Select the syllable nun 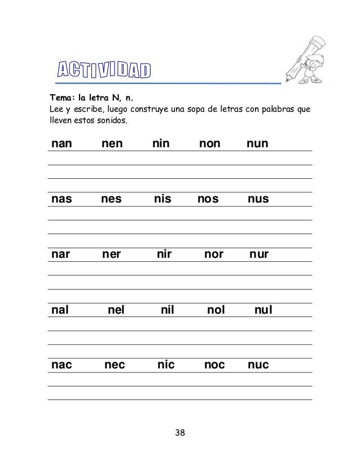click(x=258, y=144)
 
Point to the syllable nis click(x=164, y=200)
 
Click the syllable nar click(x=61, y=255)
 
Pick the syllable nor click(x=214, y=255)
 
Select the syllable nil click(x=168, y=310)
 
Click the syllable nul click(x=263, y=310)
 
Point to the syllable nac click(x=62, y=366)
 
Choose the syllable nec click(x=115, y=366)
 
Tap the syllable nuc click(x=258, y=366)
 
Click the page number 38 click(x=180, y=433)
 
